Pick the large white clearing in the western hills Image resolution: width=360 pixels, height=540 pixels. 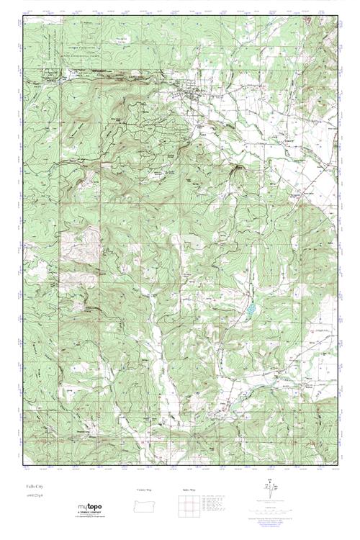click(91, 238)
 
